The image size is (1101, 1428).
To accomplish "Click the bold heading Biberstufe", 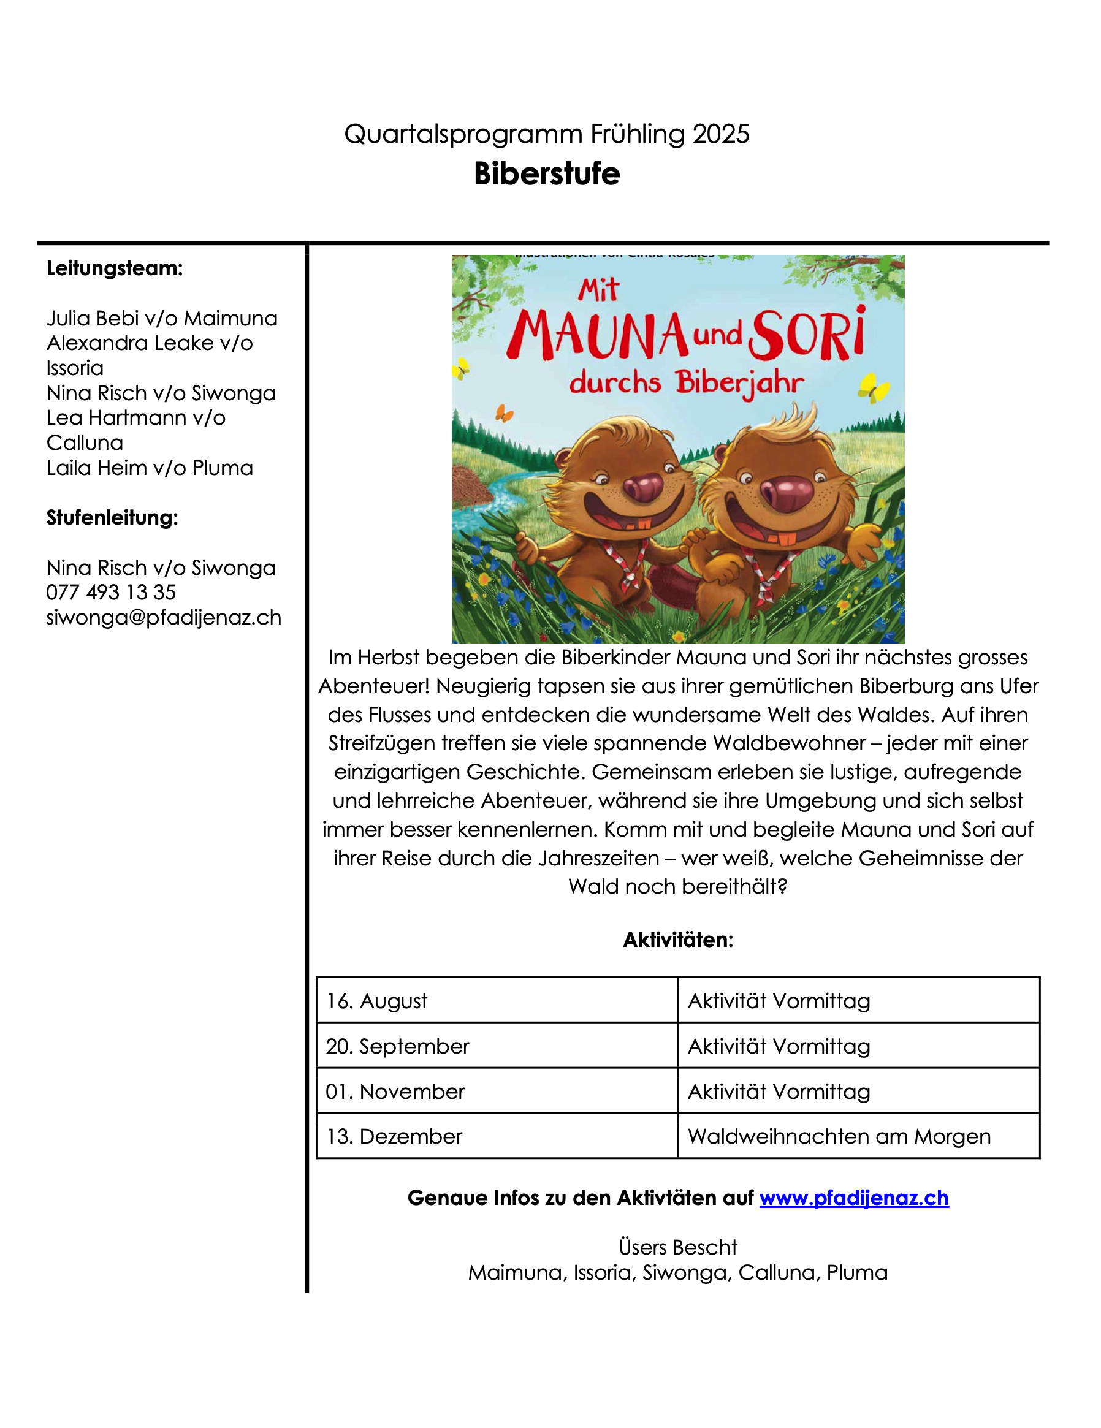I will [x=546, y=174].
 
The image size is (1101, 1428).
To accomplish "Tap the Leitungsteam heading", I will [x=115, y=268].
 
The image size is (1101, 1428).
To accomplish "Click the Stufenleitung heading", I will [x=112, y=517].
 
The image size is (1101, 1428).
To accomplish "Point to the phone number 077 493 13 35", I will [x=110, y=593].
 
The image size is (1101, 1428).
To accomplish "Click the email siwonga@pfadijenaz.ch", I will [x=164, y=617].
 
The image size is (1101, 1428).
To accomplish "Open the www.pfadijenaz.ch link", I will [x=853, y=1197].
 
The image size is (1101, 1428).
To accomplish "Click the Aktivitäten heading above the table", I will [x=678, y=940].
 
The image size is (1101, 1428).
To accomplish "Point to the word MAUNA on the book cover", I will [x=597, y=335].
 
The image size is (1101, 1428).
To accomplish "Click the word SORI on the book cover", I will [x=807, y=335].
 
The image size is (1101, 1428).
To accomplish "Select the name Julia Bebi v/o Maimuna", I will [x=162, y=319].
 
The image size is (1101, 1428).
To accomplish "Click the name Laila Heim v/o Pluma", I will [x=149, y=468].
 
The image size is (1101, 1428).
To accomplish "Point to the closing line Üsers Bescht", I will [x=678, y=1247].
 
